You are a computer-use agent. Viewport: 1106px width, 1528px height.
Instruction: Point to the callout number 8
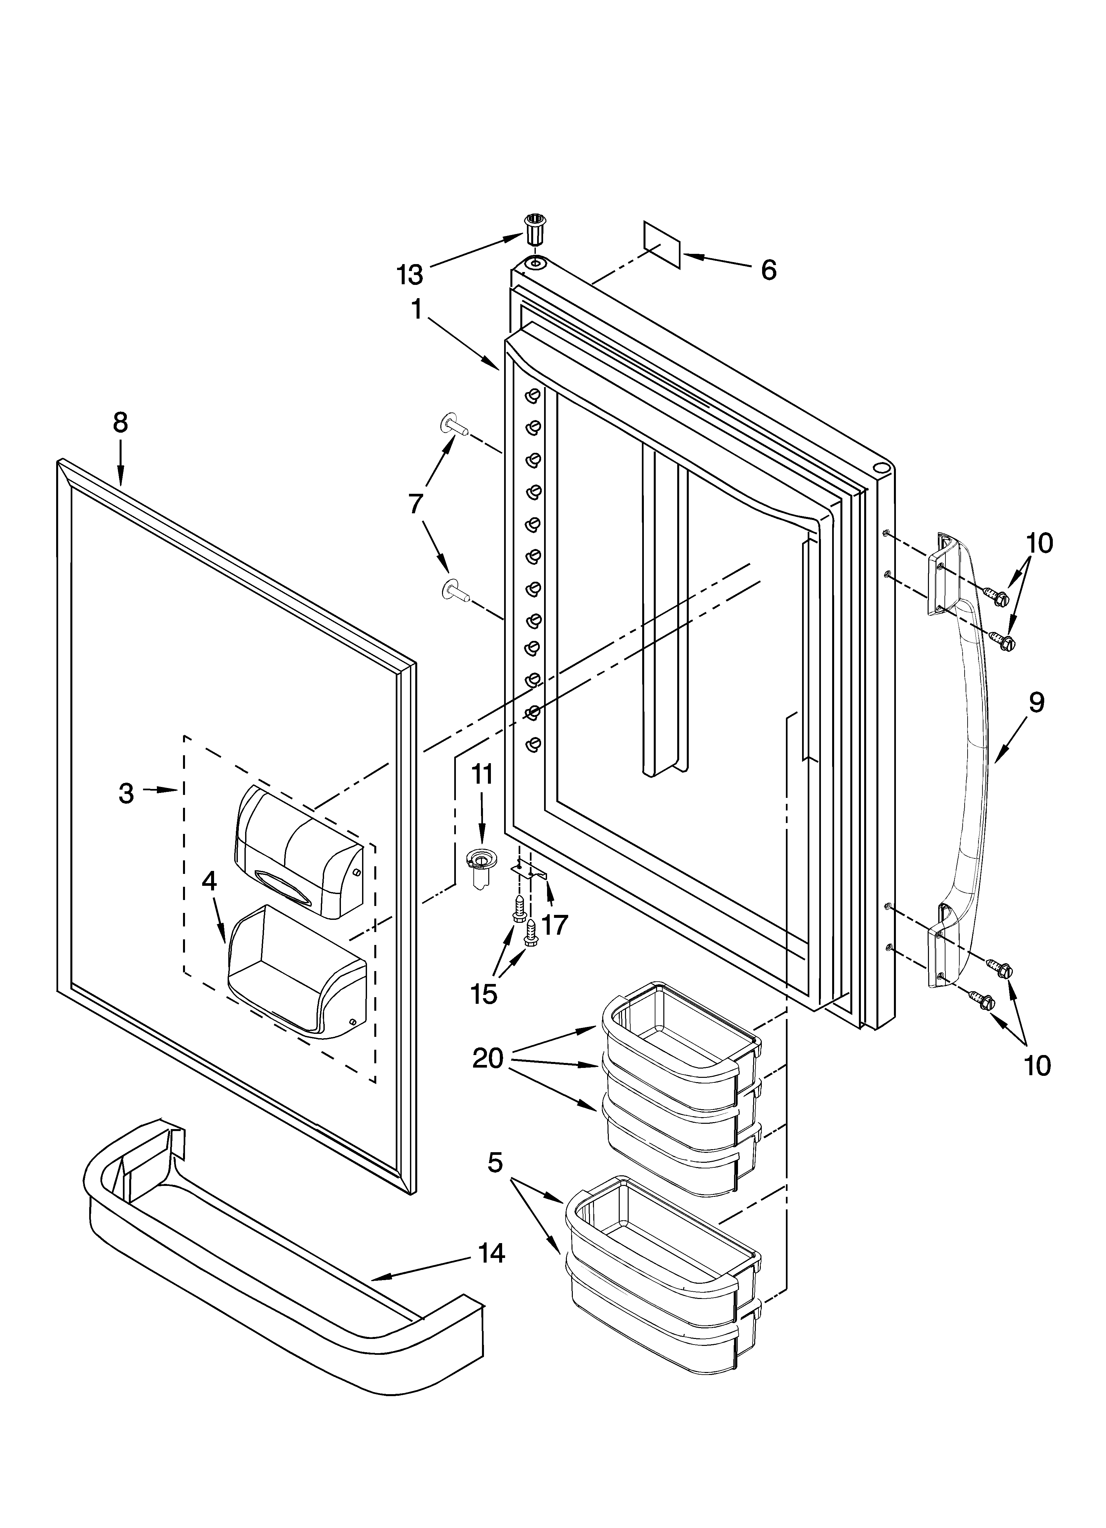pyautogui.click(x=120, y=422)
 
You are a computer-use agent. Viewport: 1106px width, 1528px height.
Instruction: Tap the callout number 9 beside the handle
pyautogui.click(x=1036, y=703)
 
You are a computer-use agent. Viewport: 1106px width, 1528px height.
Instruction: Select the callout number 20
pyautogui.click(x=488, y=1058)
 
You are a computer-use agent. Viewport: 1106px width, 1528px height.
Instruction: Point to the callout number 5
pyautogui.click(x=495, y=1162)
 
